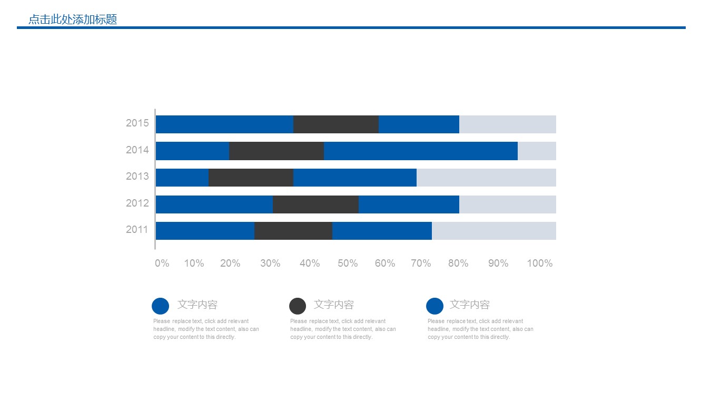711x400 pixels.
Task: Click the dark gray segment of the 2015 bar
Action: point(335,124)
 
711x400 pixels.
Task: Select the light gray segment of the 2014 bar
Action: point(537,151)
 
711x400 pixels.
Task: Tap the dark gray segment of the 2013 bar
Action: point(251,178)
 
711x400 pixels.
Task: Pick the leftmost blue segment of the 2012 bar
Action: point(214,204)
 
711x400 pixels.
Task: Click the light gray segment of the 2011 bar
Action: point(493,231)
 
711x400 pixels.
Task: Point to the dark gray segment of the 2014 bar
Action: point(276,151)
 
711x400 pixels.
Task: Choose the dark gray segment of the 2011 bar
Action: point(293,231)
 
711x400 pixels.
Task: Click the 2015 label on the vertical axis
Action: point(137,123)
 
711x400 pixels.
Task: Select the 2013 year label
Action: point(137,177)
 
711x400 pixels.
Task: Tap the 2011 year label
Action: point(137,230)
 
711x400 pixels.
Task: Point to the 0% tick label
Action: point(162,264)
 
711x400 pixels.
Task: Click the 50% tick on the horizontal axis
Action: point(348,264)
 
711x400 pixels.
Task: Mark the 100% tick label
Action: point(540,264)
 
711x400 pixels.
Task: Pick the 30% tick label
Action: point(270,264)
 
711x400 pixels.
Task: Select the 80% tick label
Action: point(458,264)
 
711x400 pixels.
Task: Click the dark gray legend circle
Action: point(298,306)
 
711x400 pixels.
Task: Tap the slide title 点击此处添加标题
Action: point(73,20)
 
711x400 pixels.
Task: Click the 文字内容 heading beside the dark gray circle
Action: point(334,305)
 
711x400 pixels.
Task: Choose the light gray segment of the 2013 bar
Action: point(486,178)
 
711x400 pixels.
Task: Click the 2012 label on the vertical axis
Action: point(137,203)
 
